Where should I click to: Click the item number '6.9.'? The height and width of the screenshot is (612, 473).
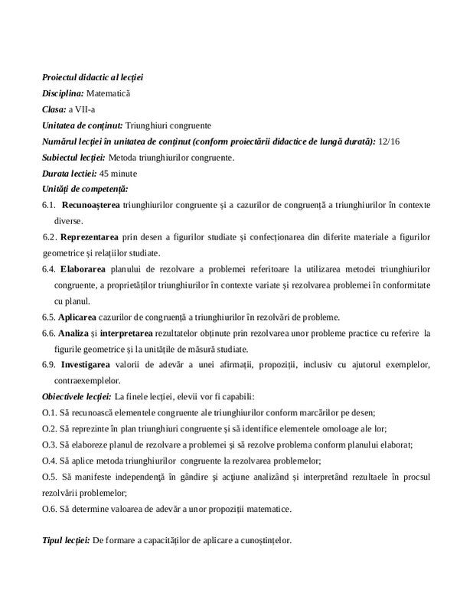pyautogui.click(x=48, y=364)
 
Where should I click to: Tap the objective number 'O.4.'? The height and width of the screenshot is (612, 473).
pyautogui.click(x=50, y=460)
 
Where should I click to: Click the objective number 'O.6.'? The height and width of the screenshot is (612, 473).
pyautogui.click(x=50, y=509)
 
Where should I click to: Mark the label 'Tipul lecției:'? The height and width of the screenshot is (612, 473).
pyautogui.click(x=66, y=541)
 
